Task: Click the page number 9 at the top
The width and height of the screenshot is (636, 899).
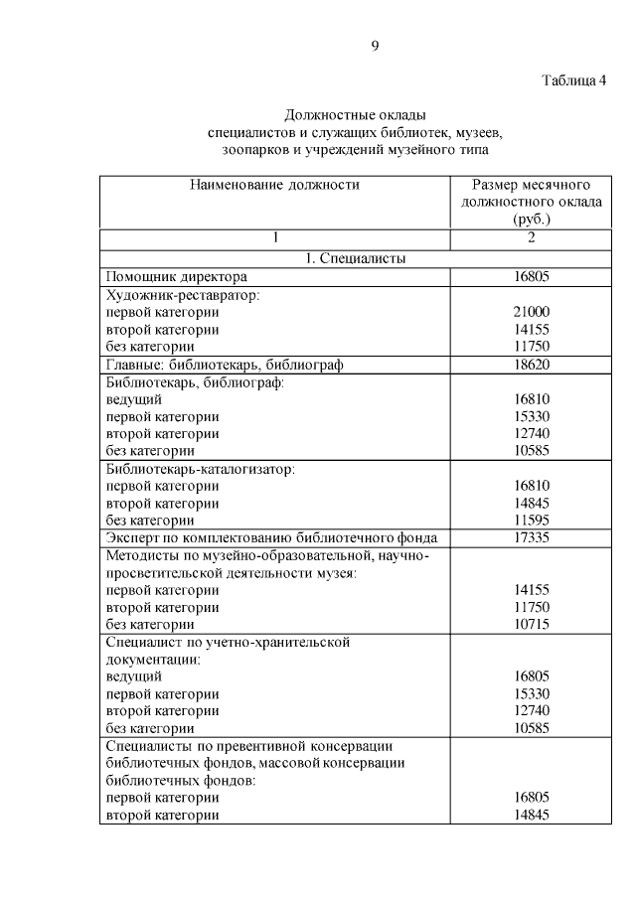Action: pos(375,45)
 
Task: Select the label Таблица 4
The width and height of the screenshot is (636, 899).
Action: pos(573,80)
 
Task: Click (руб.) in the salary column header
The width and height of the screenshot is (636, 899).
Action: pos(532,219)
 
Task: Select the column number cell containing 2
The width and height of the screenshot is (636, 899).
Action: pos(532,237)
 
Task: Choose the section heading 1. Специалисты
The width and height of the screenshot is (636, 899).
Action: pos(355,258)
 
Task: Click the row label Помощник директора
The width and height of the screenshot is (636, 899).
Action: pos(176,276)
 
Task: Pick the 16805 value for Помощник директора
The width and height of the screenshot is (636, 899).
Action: pos(532,276)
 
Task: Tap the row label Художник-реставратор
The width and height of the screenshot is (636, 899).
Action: pos(183,295)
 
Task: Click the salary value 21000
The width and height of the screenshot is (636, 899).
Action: pos(532,312)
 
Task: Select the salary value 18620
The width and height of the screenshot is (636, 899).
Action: pos(532,365)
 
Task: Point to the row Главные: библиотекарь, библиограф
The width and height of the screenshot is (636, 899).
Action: pos(224,365)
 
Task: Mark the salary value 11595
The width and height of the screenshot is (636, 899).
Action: pos(532,520)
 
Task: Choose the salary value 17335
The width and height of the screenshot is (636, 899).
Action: pos(532,537)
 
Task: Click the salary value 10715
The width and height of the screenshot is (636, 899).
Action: pos(532,624)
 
